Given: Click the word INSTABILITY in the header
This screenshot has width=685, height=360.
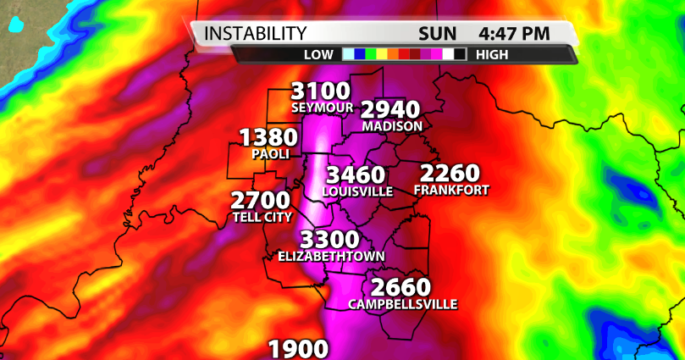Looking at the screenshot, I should (257, 34).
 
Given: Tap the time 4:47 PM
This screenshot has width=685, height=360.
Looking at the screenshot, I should (514, 34).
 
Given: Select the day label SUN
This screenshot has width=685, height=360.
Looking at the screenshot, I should (438, 34).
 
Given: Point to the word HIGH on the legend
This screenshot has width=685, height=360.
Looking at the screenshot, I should (492, 54).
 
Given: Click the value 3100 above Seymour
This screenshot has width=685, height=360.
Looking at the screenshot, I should (320, 91).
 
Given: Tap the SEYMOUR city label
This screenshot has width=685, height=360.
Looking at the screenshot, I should (320, 108).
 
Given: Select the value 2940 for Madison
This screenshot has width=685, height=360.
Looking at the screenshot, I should (391, 110).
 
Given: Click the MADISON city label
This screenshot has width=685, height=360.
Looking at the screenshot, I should (392, 126).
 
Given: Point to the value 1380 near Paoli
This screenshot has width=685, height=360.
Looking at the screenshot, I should (268, 138).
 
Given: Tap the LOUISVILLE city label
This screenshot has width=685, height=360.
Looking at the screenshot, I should (358, 192).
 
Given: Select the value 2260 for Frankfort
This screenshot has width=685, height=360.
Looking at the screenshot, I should (450, 174).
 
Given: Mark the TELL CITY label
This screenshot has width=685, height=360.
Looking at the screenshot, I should (261, 218).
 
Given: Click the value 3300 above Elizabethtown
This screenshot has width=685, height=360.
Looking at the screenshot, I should (330, 240).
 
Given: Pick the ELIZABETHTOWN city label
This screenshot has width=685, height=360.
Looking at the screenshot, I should (332, 256).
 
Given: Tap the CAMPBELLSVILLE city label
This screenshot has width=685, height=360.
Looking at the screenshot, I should (403, 304).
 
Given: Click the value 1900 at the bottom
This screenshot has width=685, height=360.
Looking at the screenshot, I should (298, 349).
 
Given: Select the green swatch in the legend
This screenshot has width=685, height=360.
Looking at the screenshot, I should (371, 54).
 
